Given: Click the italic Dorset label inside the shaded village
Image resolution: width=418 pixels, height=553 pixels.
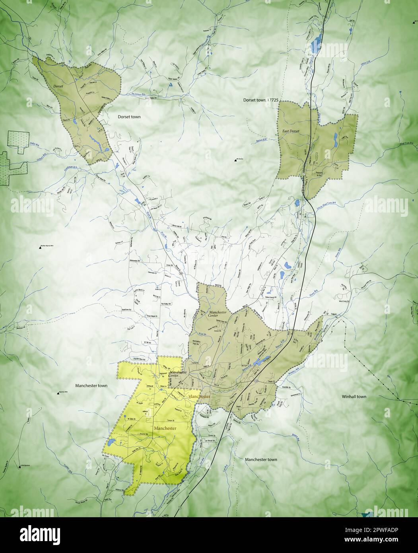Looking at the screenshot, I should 53,86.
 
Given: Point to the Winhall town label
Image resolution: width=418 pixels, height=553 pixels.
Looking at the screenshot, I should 354,397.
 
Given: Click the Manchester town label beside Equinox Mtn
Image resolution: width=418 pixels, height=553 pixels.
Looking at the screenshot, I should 91,386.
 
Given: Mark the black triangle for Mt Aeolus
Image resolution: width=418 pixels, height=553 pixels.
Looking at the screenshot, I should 235,160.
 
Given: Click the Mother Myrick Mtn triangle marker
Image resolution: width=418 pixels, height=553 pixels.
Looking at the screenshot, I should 41,247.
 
